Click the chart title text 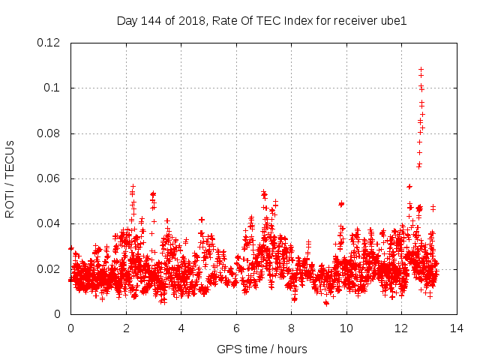click(x=262, y=20)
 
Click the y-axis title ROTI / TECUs click(x=10, y=179)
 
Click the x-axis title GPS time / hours click(x=262, y=349)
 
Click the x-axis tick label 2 click(x=126, y=328)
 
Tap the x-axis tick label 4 click(x=181, y=328)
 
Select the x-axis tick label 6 click(x=236, y=328)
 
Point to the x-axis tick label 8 click(x=291, y=328)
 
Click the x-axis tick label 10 click(x=346, y=328)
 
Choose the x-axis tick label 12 click(x=401, y=328)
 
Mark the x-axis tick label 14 click(x=457, y=328)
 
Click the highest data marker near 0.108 click(x=421, y=70)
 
